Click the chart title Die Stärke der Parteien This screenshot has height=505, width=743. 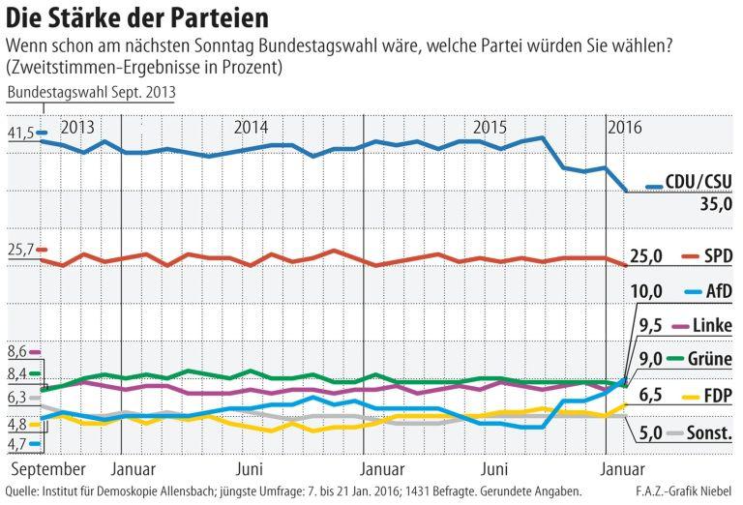[x=136, y=18]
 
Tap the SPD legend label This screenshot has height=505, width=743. [x=717, y=255]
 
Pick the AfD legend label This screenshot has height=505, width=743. [x=718, y=290]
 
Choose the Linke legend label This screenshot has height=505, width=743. [x=713, y=324]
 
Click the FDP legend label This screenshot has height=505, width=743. [x=717, y=395]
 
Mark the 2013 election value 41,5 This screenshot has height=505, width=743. [x=20, y=133]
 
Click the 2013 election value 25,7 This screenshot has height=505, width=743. [x=20, y=249]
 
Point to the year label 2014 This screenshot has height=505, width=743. [x=252, y=128]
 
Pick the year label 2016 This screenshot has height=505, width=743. [x=625, y=128]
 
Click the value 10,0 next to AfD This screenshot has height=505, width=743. [x=645, y=290]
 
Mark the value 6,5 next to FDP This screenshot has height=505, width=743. [x=650, y=395]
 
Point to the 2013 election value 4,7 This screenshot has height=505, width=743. [x=16, y=444]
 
